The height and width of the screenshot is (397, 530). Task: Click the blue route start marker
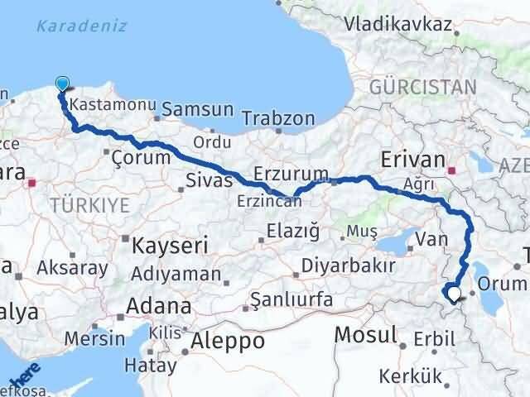[x=63, y=83]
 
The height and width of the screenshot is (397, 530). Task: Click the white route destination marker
[x=453, y=292]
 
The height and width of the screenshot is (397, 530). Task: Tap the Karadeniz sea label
[x=82, y=26]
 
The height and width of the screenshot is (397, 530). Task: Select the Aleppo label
[x=227, y=341]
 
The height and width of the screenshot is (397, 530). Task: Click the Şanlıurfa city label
[x=283, y=297]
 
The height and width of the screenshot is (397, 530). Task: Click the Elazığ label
[x=292, y=233]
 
